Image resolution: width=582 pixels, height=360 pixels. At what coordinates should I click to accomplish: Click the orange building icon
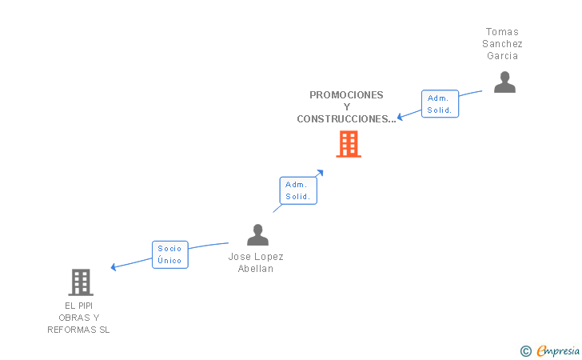(x=349, y=144)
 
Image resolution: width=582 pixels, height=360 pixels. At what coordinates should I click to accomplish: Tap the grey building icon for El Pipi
(x=81, y=282)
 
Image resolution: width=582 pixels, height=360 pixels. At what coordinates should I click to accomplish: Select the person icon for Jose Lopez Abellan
(x=257, y=235)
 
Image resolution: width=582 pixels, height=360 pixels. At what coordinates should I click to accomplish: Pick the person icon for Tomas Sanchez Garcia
(x=504, y=82)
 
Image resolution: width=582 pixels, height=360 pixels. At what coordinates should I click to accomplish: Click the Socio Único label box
(x=170, y=254)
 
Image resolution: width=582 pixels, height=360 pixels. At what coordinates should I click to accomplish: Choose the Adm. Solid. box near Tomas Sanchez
(x=440, y=104)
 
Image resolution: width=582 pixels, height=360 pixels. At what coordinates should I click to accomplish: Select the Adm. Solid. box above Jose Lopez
(x=298, y=190)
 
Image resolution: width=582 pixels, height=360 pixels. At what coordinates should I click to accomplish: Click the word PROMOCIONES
(x=346, y=94)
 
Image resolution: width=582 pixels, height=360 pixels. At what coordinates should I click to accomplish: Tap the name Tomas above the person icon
(x=502, y=32)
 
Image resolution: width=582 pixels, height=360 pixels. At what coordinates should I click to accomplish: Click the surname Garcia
(x=503, y=56)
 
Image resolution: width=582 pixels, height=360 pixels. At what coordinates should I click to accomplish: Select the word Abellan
(x=256, y=269)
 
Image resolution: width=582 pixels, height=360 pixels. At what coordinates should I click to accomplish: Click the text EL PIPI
(x=79, y=306)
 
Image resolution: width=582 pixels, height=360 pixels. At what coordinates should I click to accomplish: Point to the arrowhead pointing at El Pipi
(x=114, y=267)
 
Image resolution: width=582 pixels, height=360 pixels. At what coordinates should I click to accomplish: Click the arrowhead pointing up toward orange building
(x=320, y=171)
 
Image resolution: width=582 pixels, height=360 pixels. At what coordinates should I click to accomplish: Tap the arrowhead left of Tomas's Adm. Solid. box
(x=401, y=116)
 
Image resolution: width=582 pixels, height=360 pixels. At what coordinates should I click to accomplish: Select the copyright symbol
(x=525, y=350)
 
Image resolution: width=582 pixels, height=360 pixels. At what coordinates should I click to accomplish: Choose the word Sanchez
(x=503, y=44)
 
